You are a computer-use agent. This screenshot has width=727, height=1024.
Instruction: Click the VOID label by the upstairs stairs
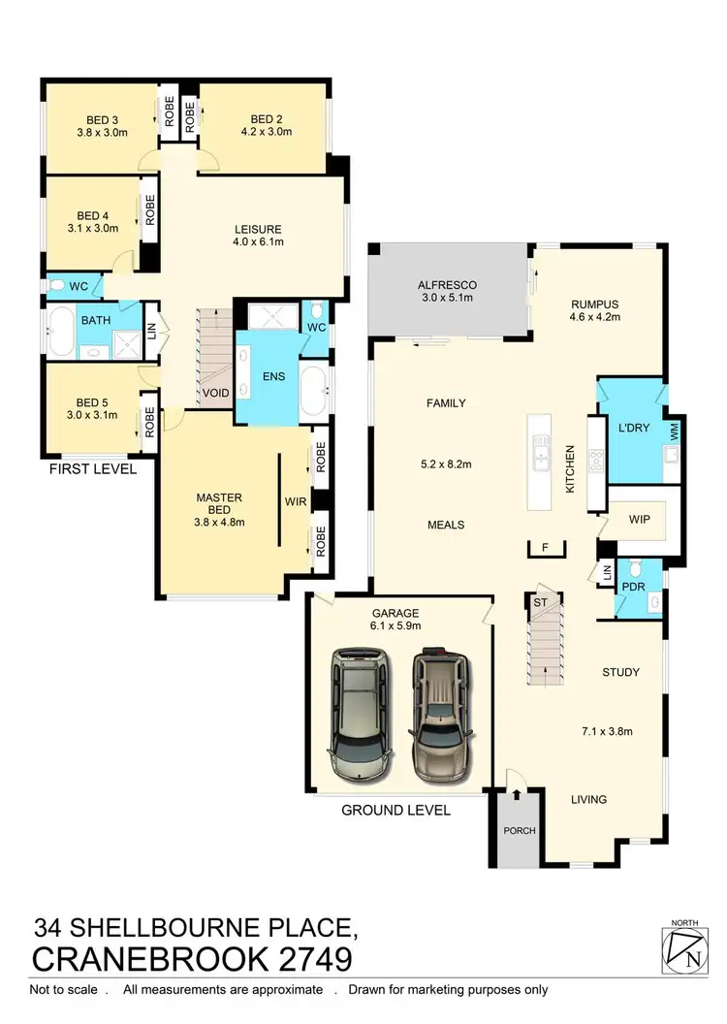(214, 395)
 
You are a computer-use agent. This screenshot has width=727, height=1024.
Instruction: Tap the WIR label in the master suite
(296, 503)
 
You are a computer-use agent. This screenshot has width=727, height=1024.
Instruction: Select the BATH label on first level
(95, 320)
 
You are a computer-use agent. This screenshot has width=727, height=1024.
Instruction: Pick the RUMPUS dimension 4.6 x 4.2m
(592, 316)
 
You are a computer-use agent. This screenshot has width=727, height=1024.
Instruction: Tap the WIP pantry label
(639, 518)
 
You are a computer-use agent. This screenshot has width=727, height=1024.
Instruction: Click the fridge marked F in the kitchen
(546, 548)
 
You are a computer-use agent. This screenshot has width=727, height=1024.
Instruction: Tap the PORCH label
(519, 831)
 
